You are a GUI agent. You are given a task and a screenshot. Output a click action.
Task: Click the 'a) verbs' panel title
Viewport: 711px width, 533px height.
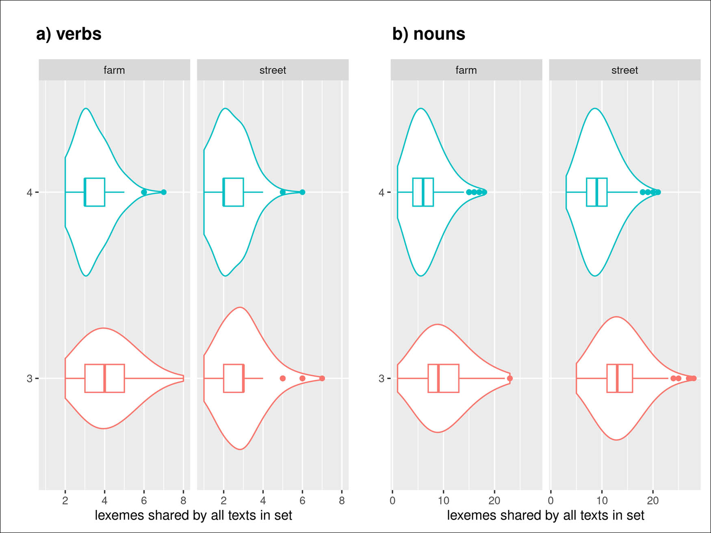[x=69, y=34]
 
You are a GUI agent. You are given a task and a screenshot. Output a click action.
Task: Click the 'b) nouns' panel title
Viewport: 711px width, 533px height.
[x=428, y=34]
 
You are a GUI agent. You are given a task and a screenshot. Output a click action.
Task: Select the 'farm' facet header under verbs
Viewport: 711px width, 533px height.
[x=114, y=70]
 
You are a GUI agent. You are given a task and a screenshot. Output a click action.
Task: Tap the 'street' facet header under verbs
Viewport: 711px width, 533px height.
[x=273, y=70]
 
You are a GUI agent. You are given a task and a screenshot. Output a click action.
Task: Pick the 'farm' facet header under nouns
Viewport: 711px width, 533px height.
[x=466, y=70]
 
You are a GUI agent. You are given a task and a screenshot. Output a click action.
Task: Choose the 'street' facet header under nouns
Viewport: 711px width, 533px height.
[x=624, y=70]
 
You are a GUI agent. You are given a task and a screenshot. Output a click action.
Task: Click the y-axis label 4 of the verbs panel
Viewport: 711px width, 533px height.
[x=29, y=192]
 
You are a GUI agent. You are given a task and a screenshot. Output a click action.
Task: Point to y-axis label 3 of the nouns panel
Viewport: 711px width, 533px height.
[x=381, y=379]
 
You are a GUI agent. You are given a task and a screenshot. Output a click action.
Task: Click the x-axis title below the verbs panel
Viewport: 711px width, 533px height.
[x=193, y=515]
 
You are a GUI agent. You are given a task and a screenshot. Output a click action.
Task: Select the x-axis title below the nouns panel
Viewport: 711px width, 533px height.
[x=545, y=515]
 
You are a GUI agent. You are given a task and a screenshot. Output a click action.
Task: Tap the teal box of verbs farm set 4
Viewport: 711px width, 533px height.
[x=95, y=192]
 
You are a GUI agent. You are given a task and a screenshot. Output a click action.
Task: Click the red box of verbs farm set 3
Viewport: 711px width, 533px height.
[x=104, y=378]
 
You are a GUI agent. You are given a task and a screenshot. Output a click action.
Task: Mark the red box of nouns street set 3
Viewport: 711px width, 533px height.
[x=620, y=378]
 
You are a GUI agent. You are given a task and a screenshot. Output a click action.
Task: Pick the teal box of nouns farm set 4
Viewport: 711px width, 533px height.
[x=423, y=192]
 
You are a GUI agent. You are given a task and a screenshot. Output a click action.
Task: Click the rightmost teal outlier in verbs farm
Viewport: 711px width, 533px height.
[x=164, y=192]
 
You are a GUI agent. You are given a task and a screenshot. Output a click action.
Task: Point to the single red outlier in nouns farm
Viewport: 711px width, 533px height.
[x=510, y=378]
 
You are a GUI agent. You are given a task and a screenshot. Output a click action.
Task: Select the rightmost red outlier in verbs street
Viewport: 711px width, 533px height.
[x=322, y=378]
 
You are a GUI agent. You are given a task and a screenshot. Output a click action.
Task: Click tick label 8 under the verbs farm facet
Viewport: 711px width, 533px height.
[x=183, y=501]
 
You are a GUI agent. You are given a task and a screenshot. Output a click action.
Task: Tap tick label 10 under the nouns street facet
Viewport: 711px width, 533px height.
[x=602, y=501]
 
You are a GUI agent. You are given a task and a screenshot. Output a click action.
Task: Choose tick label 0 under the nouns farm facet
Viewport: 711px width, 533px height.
[x=392, y=501]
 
